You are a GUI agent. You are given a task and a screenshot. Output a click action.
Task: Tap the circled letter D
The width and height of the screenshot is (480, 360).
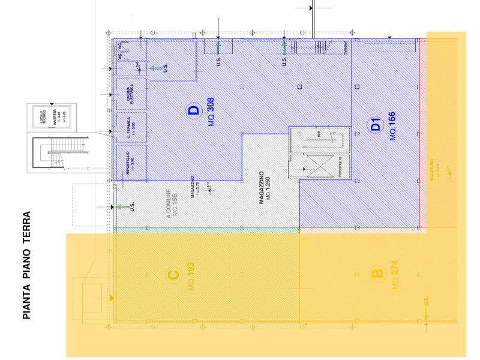click(x=193, y=111)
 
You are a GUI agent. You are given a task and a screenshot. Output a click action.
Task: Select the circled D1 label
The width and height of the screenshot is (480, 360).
click(x=376, y=126)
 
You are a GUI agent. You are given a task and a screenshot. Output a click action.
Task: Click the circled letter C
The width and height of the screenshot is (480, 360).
click(x=173, y=275)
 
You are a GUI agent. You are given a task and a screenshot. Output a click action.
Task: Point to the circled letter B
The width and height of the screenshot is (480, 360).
click(x=377, y=275)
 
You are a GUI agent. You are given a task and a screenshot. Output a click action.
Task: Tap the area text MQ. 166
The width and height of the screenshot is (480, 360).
click(x=392, y=126)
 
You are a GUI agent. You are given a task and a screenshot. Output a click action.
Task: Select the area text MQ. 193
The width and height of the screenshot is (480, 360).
click(x=190, y=275)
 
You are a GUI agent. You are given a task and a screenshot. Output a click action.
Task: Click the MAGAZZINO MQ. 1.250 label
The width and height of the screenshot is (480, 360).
click(x=265, y=188)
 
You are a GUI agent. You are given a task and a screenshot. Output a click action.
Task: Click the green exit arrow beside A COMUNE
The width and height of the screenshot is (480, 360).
click(x=122, y=207)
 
